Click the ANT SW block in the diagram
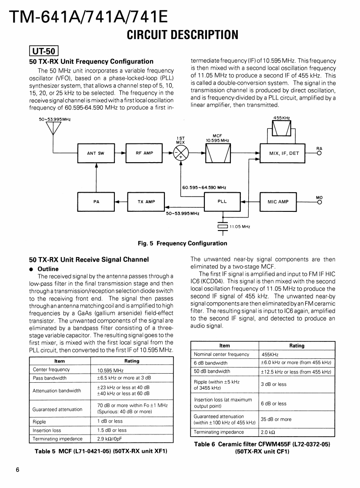pyautogui.click(x=95, y=153)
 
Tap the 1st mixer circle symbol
pyautogui.click(x=179, y=153)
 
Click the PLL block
pyautogui.click(x=222, y=201)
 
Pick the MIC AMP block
pyautogui.click(x=278, y=201)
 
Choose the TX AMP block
pyautogui.click(x=146, y=201)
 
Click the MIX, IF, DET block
pyautogui.click(x=284, y=153)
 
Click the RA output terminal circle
pyautogui.click(x=320, y=153)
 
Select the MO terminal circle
pyautogui.click(x=320, y=201)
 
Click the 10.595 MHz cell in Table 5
pyautogui.click(x=109, y=371)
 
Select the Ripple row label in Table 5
pyautogui.click(x=39, y=421)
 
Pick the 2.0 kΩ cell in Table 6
pyautogui.click(x=268, y=432)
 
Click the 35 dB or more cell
pyautogui.click(x=276, y=420)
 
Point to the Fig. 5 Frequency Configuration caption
pyautogui.click(x=182, y=243)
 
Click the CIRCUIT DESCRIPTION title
pyautogui.click(x=182, y=34)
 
